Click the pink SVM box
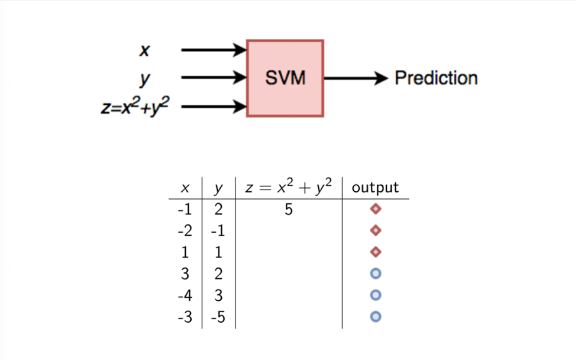coord(285,78)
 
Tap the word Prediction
coord(436,78)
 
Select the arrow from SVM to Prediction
coord(356,78)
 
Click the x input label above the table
coord(144,50)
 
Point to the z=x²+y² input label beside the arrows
coord(135,106)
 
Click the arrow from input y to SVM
coord(214,78)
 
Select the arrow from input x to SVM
coord(214,50)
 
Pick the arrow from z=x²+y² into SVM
coord(214,107)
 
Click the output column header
coord(375,187)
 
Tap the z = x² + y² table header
coord(289,187)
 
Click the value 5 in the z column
coord(289,210)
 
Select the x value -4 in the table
coord(185,295)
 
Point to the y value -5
coord(218,317)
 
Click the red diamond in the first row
coord(376,209)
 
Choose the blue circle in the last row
coord(376,316)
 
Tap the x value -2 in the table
coord(185,231)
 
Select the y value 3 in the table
coord(218,295)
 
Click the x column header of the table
coord(185,188)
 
